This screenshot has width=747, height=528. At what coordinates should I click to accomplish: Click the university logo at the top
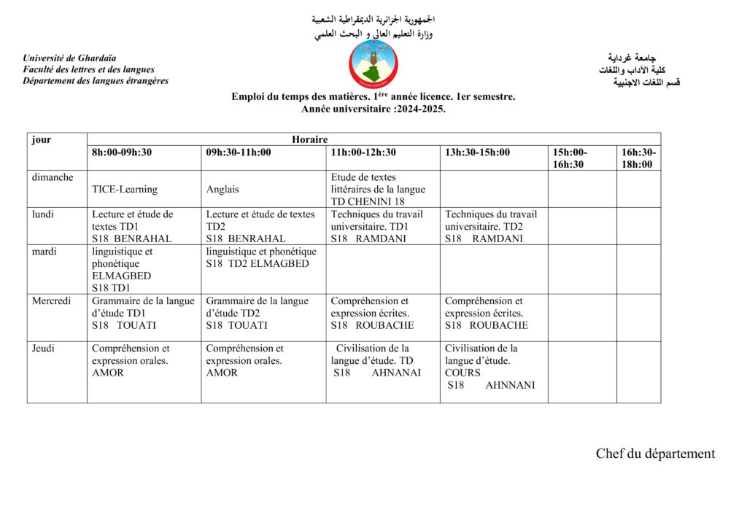pyautogui.click(x=373, y=65)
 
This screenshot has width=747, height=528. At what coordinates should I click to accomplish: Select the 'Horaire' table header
pyautogui.click(x=310, y=139)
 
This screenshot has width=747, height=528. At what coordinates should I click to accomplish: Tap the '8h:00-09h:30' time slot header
pyautogui.click(x=122, y=152)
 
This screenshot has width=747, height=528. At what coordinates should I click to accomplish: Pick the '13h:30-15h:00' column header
pyautogui.click(x=478, y=152)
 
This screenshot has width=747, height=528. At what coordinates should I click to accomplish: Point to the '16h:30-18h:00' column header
pyautogui.click(x=638, y=158)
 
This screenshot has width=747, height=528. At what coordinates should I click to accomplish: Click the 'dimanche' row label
pyautogui.click(x=53, y=177)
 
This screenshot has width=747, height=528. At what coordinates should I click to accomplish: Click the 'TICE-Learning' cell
pyautogui.click(x=125, y=190)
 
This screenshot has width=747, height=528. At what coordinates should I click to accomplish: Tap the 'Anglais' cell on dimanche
pyautogui.click(x=222, y=190)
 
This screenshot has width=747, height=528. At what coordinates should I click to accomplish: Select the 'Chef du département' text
pyautogui.click(x=655, y=454)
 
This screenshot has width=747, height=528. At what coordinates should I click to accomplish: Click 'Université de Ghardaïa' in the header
pyautogui.click(x=69, y=58)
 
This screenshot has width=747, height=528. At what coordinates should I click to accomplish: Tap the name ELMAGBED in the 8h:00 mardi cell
pyautogui.click(x=122, y=276)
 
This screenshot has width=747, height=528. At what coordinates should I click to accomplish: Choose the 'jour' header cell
pyautogui.click(x=42, y=139)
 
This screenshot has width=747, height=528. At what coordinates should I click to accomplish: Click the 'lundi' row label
pyautogui.click(x=42, y=214)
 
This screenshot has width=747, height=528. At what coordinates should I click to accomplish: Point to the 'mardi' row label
pyautogui.click(x=44, y=252)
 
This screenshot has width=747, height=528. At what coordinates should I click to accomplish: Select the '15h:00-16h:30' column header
pyautogui.click(x=570, y=158)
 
